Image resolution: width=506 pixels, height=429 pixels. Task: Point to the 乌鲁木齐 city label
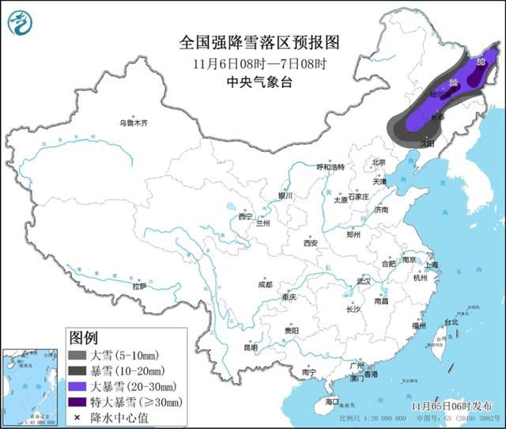click(134, 123)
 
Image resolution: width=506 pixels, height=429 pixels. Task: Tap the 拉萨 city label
click(140, 287)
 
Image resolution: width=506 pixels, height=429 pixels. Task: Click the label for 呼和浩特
click(331, 167)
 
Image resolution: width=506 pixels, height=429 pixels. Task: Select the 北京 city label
click(378, 162)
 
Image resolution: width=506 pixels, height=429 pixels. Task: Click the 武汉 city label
click(364, 281)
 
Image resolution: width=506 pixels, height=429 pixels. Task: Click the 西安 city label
click(309, 243)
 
